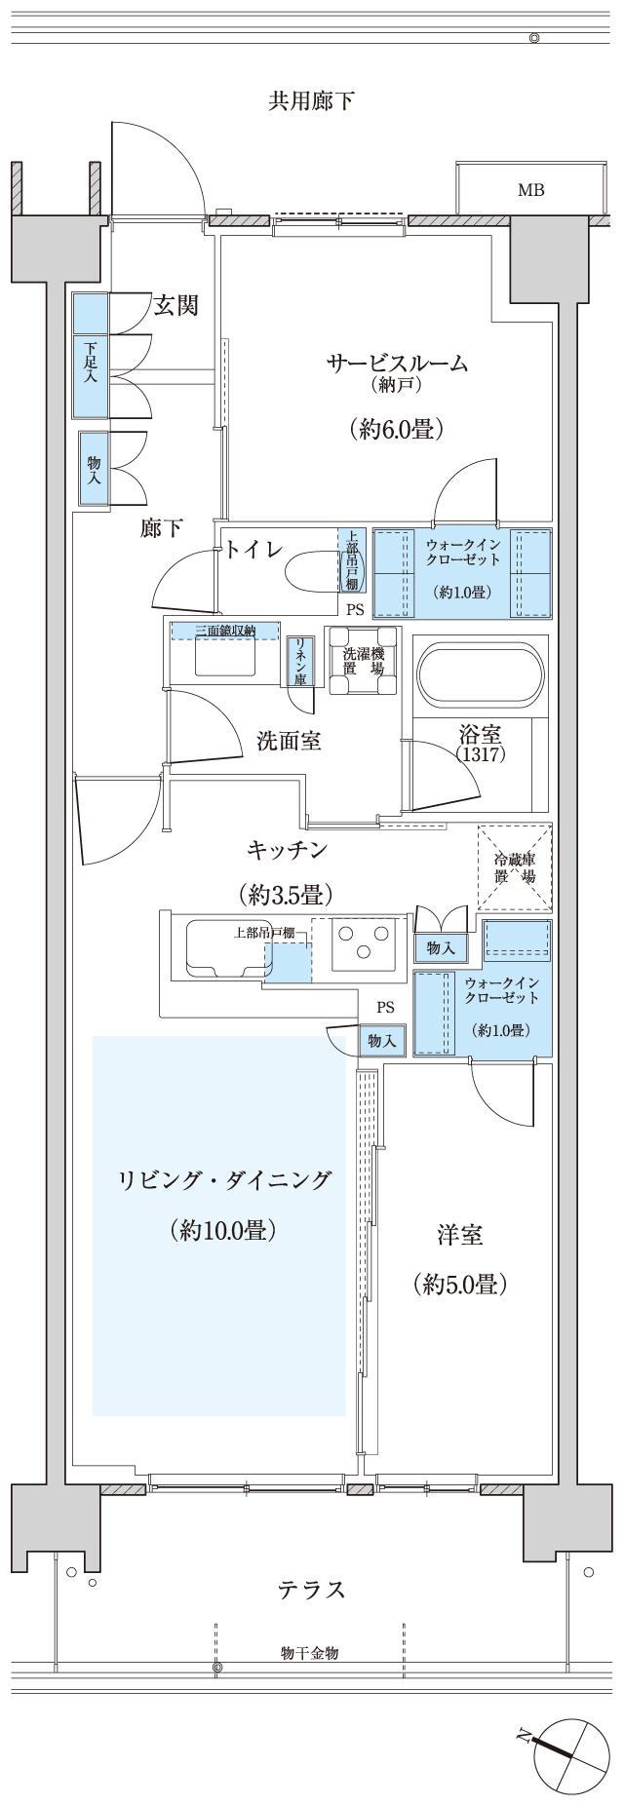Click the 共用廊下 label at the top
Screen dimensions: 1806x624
pos(311,100)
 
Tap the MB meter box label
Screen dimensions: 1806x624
pos(530,190)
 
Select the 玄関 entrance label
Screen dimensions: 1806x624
pos(176,306)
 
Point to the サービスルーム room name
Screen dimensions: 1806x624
pos(397,364)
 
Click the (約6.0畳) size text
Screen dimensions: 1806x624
pos(397,429)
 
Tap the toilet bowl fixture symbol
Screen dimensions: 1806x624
pos(310,570)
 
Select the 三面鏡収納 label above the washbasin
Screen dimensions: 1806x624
pos(225,631)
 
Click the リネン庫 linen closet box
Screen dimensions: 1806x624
pos(299,662)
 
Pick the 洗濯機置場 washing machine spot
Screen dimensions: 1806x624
pos(362,661)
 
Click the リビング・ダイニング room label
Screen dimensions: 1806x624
pos(224,1180)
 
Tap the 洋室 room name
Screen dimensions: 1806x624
pos(460,1235)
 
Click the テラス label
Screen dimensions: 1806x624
pos(311,1591)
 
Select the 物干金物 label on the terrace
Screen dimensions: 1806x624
pos(310,1653)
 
